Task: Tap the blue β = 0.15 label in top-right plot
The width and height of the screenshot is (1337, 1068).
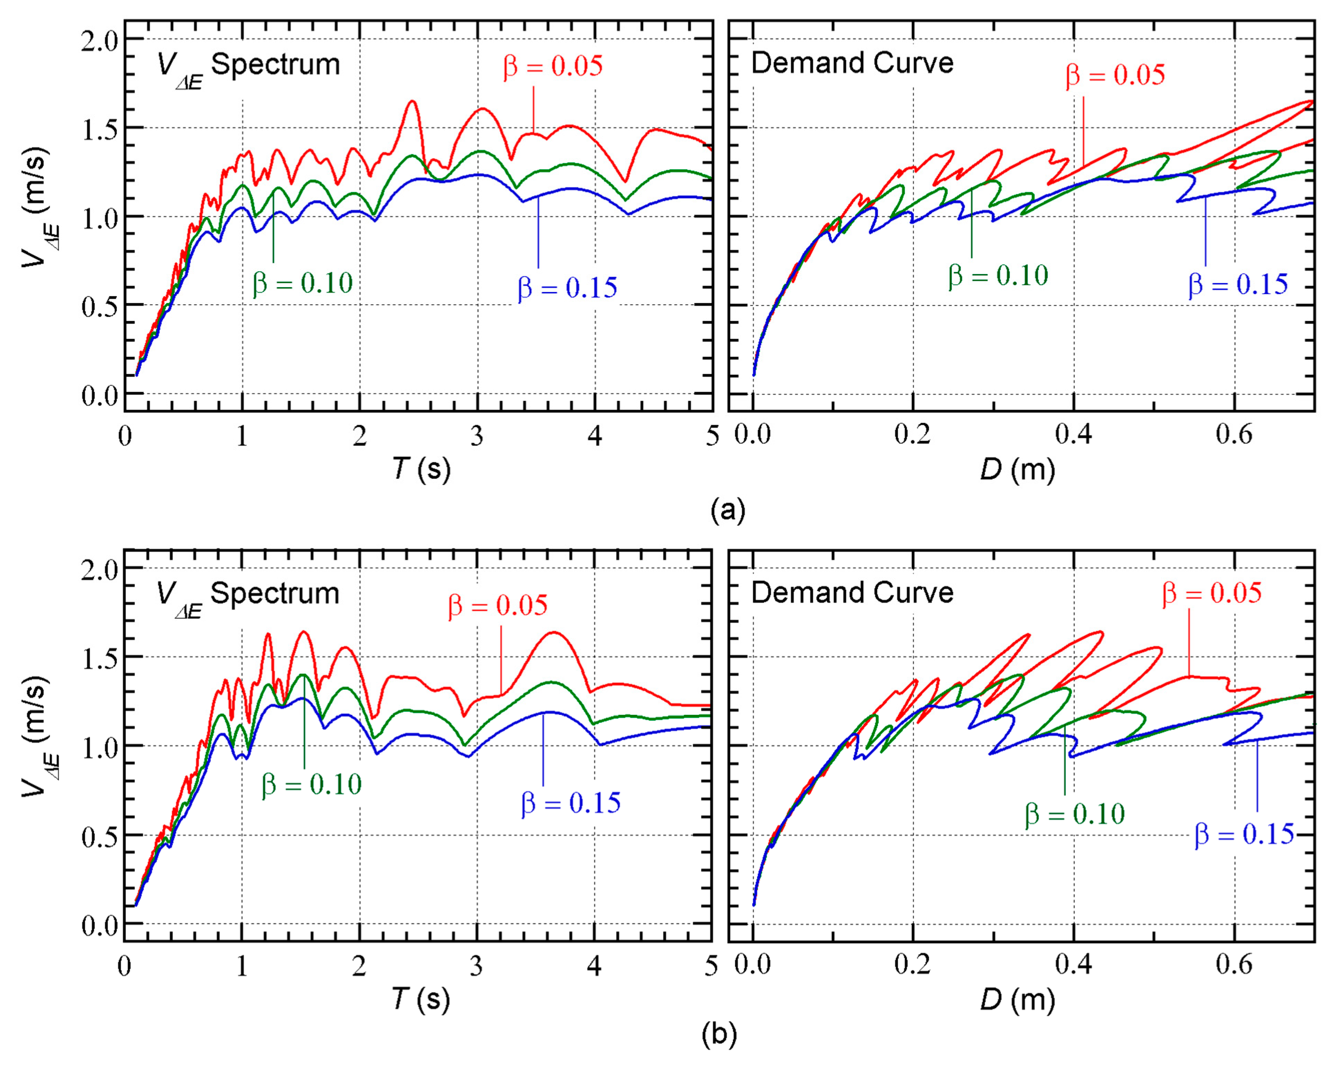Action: [x=1238, y=284]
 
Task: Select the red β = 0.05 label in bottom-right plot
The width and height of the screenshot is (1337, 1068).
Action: [x=1211, y=593]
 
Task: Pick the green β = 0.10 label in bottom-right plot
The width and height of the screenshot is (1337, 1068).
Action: [x=1075, y=814]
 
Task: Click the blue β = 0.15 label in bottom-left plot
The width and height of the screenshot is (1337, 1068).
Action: [x=570, y=803]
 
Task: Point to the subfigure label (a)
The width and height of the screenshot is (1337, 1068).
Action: [x=728, y=510]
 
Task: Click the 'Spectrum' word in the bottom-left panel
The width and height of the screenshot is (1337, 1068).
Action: [x=275, y=593]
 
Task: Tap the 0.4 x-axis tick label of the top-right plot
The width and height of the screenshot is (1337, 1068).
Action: [x=1074, y=434]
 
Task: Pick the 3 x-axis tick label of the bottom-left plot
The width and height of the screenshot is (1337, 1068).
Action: [x=476, y=965]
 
